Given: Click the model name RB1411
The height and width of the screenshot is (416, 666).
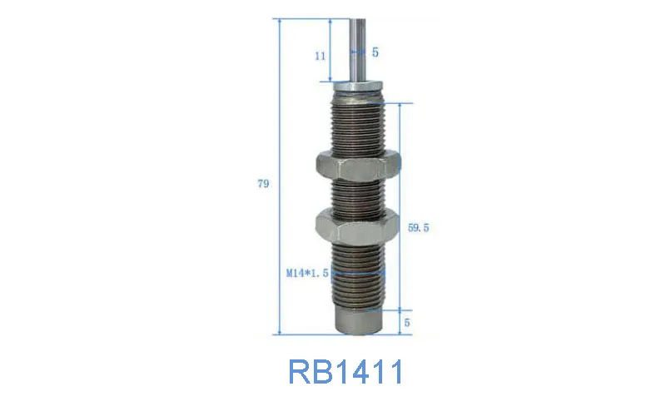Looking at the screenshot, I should pyautogui.click(x=345, y=371).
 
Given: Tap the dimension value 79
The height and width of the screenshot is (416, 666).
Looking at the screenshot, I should pyautogui.click(x=263, y=185).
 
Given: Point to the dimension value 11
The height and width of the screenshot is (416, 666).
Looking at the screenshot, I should pyautogui.click(x=320, y=56).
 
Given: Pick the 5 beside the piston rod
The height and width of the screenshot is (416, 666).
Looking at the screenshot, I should pyautogui.click(x=375, y=52).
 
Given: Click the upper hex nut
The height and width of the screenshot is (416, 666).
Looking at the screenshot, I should pyautogui.click(x=359, y=168).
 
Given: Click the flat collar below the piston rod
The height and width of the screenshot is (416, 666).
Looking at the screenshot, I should pyautogui.click(x=359, y=84).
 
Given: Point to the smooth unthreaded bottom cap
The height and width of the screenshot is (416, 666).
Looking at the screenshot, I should pyautogui.click(x=358, y=320).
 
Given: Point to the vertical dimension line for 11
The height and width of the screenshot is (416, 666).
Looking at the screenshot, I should pyautogui.click(x=331, y=50).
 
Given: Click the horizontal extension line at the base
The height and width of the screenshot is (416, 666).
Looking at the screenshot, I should pyautogui.click(x=308, y=334).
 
